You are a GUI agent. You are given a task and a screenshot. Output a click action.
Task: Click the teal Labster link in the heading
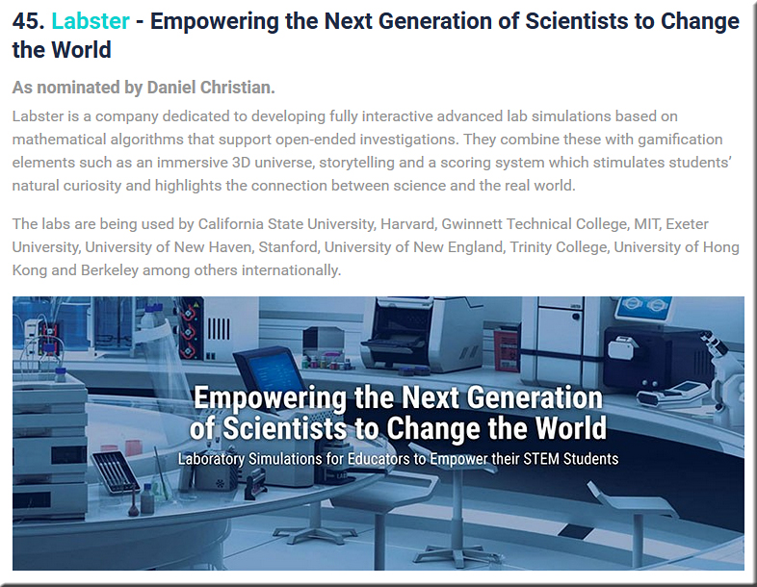tap(91, 21)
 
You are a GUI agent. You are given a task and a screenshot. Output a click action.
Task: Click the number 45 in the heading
tap(29, 21)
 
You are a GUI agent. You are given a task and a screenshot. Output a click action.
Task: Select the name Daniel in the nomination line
tap(170, 88)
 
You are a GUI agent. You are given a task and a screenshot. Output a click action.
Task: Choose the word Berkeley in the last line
tap(110, 270)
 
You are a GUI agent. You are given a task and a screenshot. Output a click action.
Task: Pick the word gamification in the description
tap(680, 140)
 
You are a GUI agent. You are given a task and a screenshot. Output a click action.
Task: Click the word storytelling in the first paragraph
tap(356, 163)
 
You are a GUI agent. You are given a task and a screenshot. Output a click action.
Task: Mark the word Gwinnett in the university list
tap(472, 224)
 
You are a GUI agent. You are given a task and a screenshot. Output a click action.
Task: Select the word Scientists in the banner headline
tap(284, 428)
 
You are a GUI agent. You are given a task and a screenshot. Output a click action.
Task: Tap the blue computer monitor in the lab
tap(270, 371)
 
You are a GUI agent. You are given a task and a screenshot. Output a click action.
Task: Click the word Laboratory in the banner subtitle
tap(211, 459)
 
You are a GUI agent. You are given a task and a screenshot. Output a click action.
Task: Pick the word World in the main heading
tap(81, 50)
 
